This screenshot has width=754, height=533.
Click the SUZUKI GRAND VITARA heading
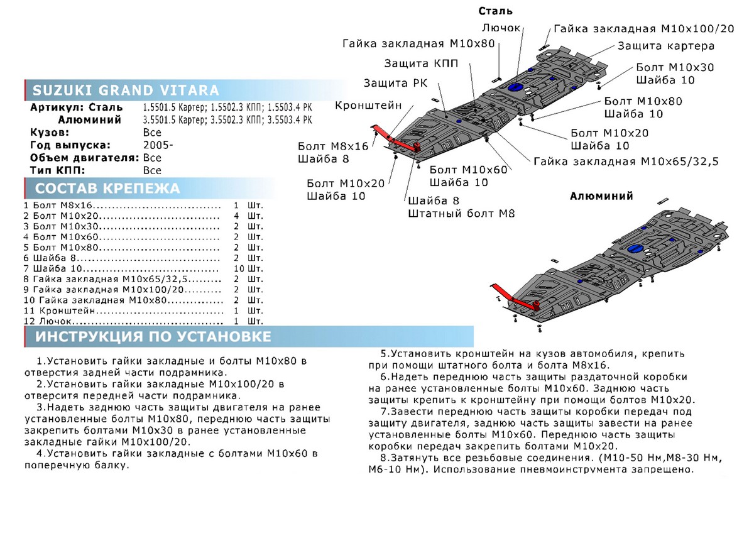126,89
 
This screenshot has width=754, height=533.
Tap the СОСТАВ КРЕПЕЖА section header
107,189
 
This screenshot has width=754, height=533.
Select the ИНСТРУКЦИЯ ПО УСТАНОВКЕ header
153,337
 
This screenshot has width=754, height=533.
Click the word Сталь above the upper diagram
495,11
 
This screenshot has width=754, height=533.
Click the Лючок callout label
501,28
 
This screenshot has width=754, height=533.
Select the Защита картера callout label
665,46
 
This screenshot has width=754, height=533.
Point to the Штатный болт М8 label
461,214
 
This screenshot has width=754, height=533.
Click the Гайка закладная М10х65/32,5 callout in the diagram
626,162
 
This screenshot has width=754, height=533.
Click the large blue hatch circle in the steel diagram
517,87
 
